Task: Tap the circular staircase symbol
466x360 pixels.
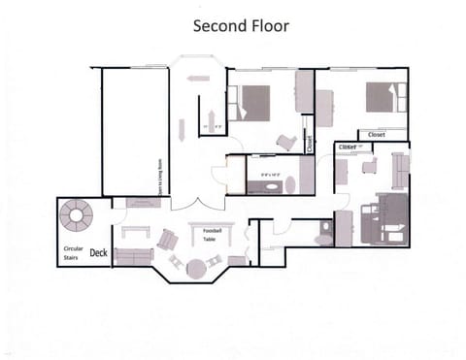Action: pyautogui.click(x=75, y=213)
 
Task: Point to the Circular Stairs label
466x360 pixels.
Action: pyautogui.click(x=74, y=252)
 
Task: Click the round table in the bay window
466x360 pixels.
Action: pyautogui.click(x=197, y=267)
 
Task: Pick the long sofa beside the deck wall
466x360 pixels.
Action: pyautogui.click(x=133, y=256)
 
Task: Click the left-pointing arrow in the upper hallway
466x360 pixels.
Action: pyautogui.click(x=199, y=77)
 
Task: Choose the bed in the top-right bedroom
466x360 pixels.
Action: pyautogui.click(x=382, y=97)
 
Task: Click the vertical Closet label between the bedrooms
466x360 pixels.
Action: pyautogui.click(x=309, y=144)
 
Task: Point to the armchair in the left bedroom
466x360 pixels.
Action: pyautogui.click(x=286, y=142)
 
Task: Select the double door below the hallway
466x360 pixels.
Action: pyautogui.click(x=190, y=205)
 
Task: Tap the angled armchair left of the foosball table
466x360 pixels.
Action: pyautogui.click(x=168, y=237)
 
